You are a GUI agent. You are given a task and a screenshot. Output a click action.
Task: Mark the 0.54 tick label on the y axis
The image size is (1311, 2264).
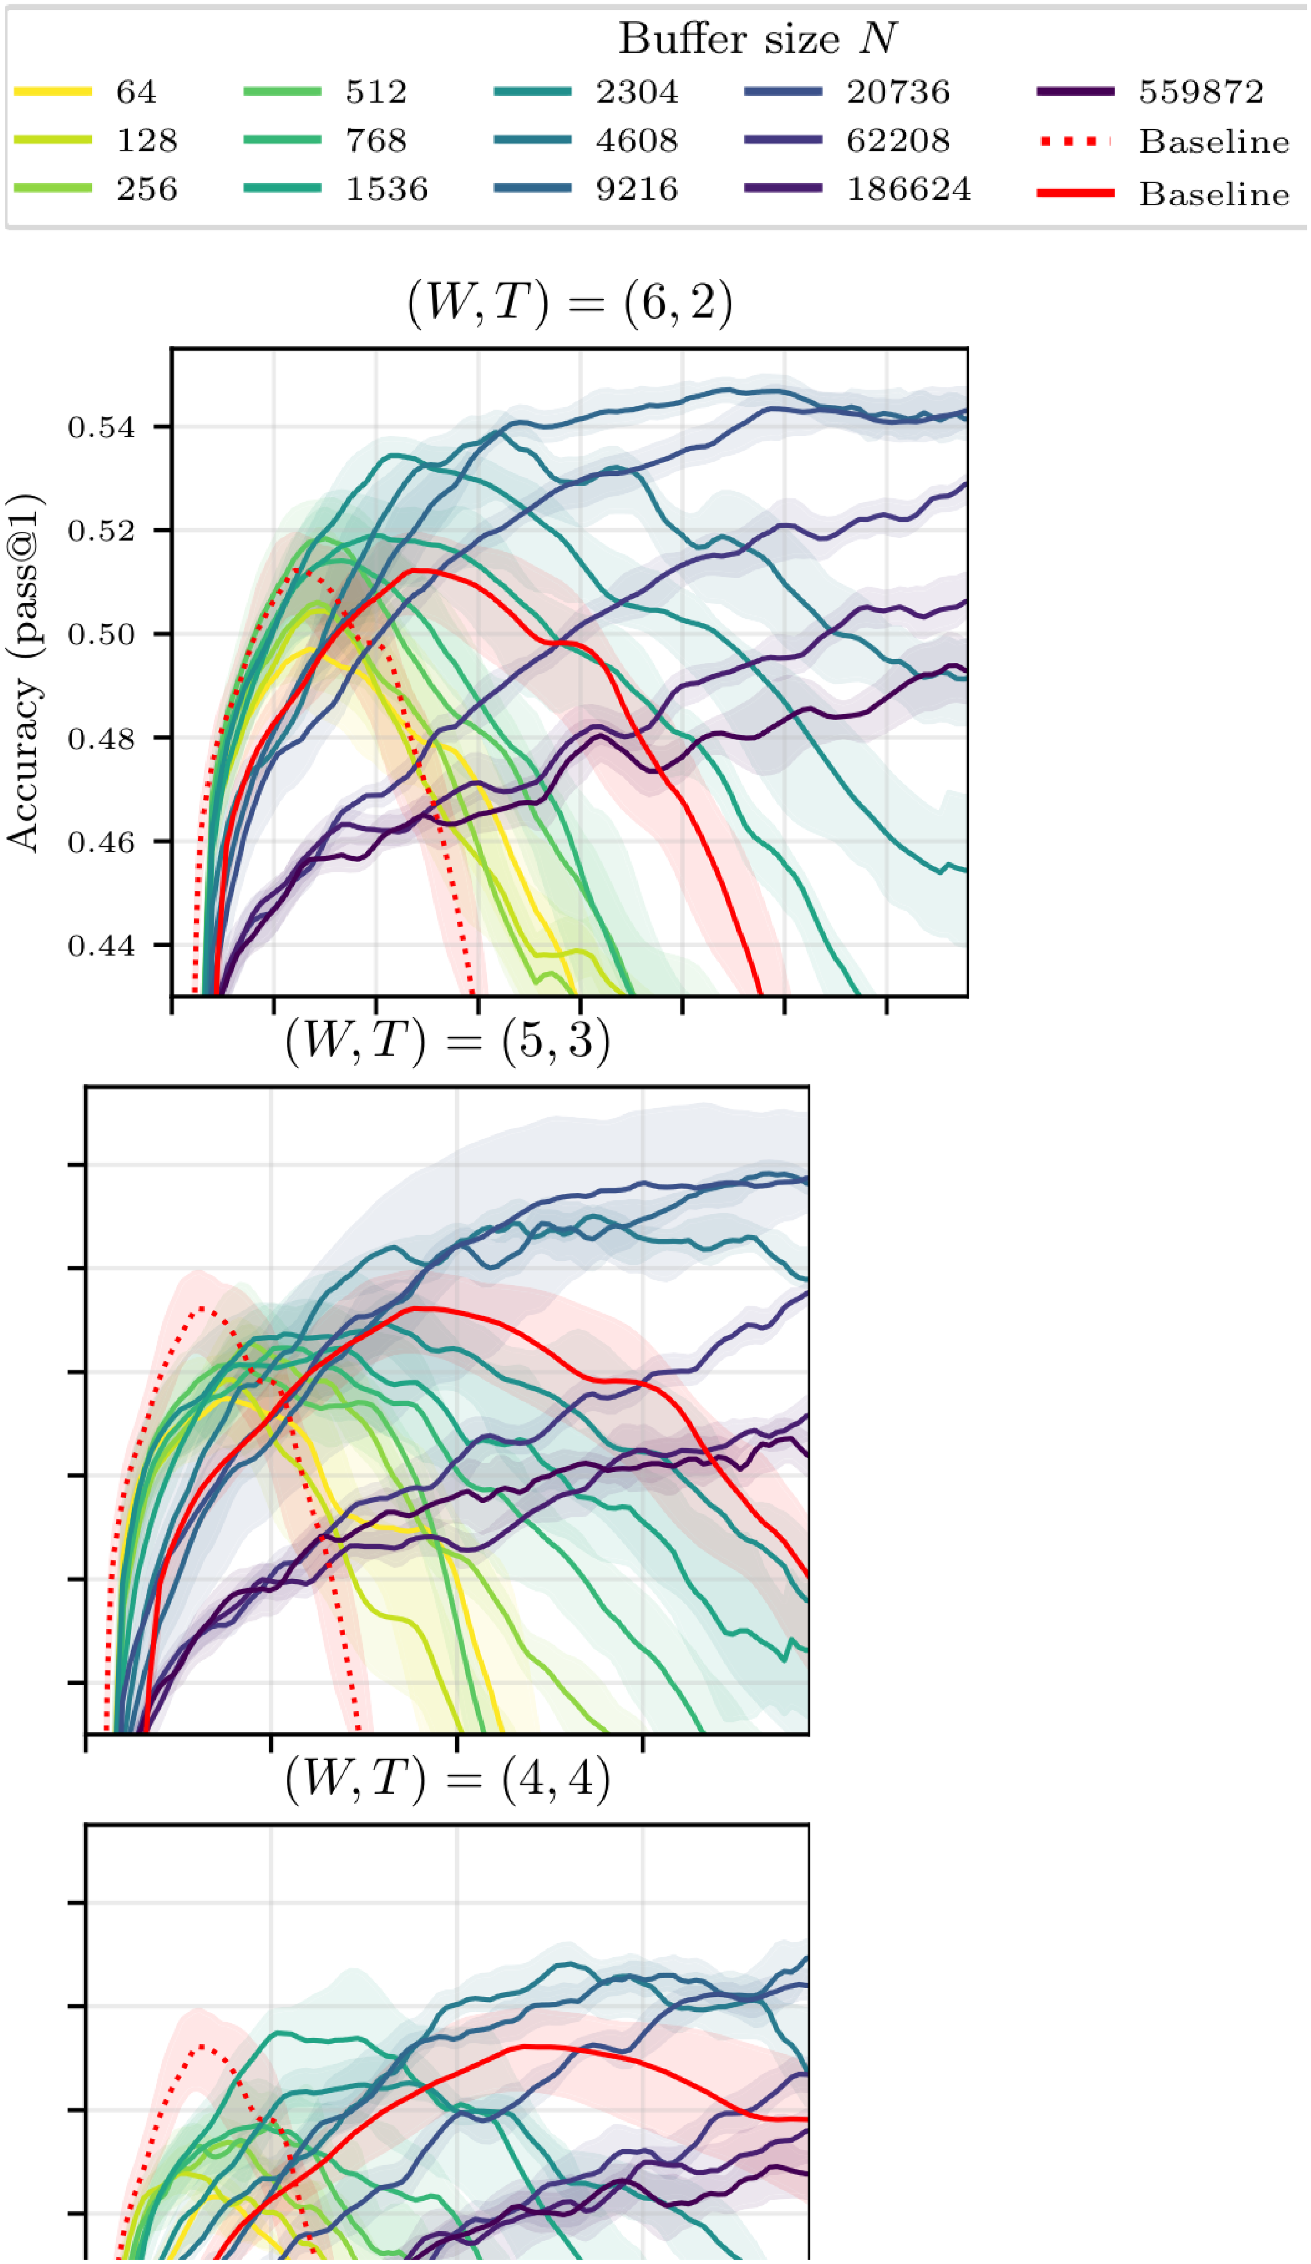[x=101, y=427]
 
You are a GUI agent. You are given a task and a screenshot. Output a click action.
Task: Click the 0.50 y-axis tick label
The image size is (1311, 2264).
[x=101, y=634]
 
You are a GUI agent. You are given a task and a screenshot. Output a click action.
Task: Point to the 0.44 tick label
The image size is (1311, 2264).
[x=101, y=946]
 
